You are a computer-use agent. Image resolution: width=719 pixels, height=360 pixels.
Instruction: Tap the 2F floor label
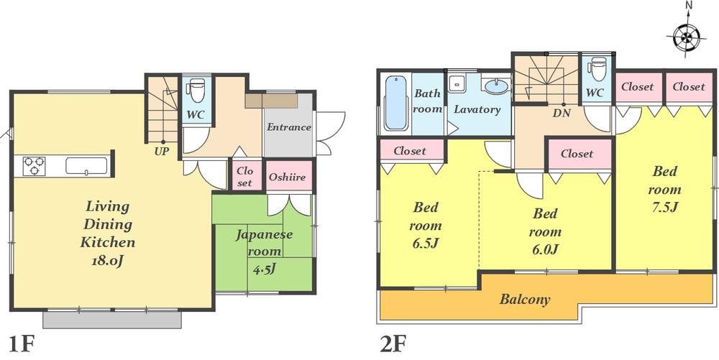click(x=393, y=343)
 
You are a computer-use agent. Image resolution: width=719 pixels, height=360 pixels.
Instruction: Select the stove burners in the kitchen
click(x=34, y=166)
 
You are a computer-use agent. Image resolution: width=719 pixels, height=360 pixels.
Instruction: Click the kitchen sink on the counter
click(x=86, y=166)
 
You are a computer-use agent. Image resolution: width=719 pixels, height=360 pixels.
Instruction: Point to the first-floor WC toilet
click(x=195, y=91)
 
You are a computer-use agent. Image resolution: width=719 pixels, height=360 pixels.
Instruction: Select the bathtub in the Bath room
click(x=395, y=103)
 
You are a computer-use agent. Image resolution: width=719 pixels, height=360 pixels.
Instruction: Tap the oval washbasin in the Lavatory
click(x=494, y=86)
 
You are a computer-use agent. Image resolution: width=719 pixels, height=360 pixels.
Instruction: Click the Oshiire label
click(x=287, y=177)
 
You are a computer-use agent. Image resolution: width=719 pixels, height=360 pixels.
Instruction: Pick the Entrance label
click(x=288, y=128)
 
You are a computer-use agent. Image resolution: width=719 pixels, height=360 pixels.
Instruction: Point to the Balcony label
click(x=524, y=300)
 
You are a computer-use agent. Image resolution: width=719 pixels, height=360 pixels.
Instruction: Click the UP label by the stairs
click(x=161, y=152)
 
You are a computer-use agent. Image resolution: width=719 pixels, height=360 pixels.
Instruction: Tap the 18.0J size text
click(x=107, y=261)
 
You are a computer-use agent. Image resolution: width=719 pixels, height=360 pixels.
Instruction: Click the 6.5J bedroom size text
click(x=426, y=242)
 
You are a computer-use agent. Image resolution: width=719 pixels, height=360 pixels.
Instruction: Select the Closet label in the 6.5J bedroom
click(x=410, y=151)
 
